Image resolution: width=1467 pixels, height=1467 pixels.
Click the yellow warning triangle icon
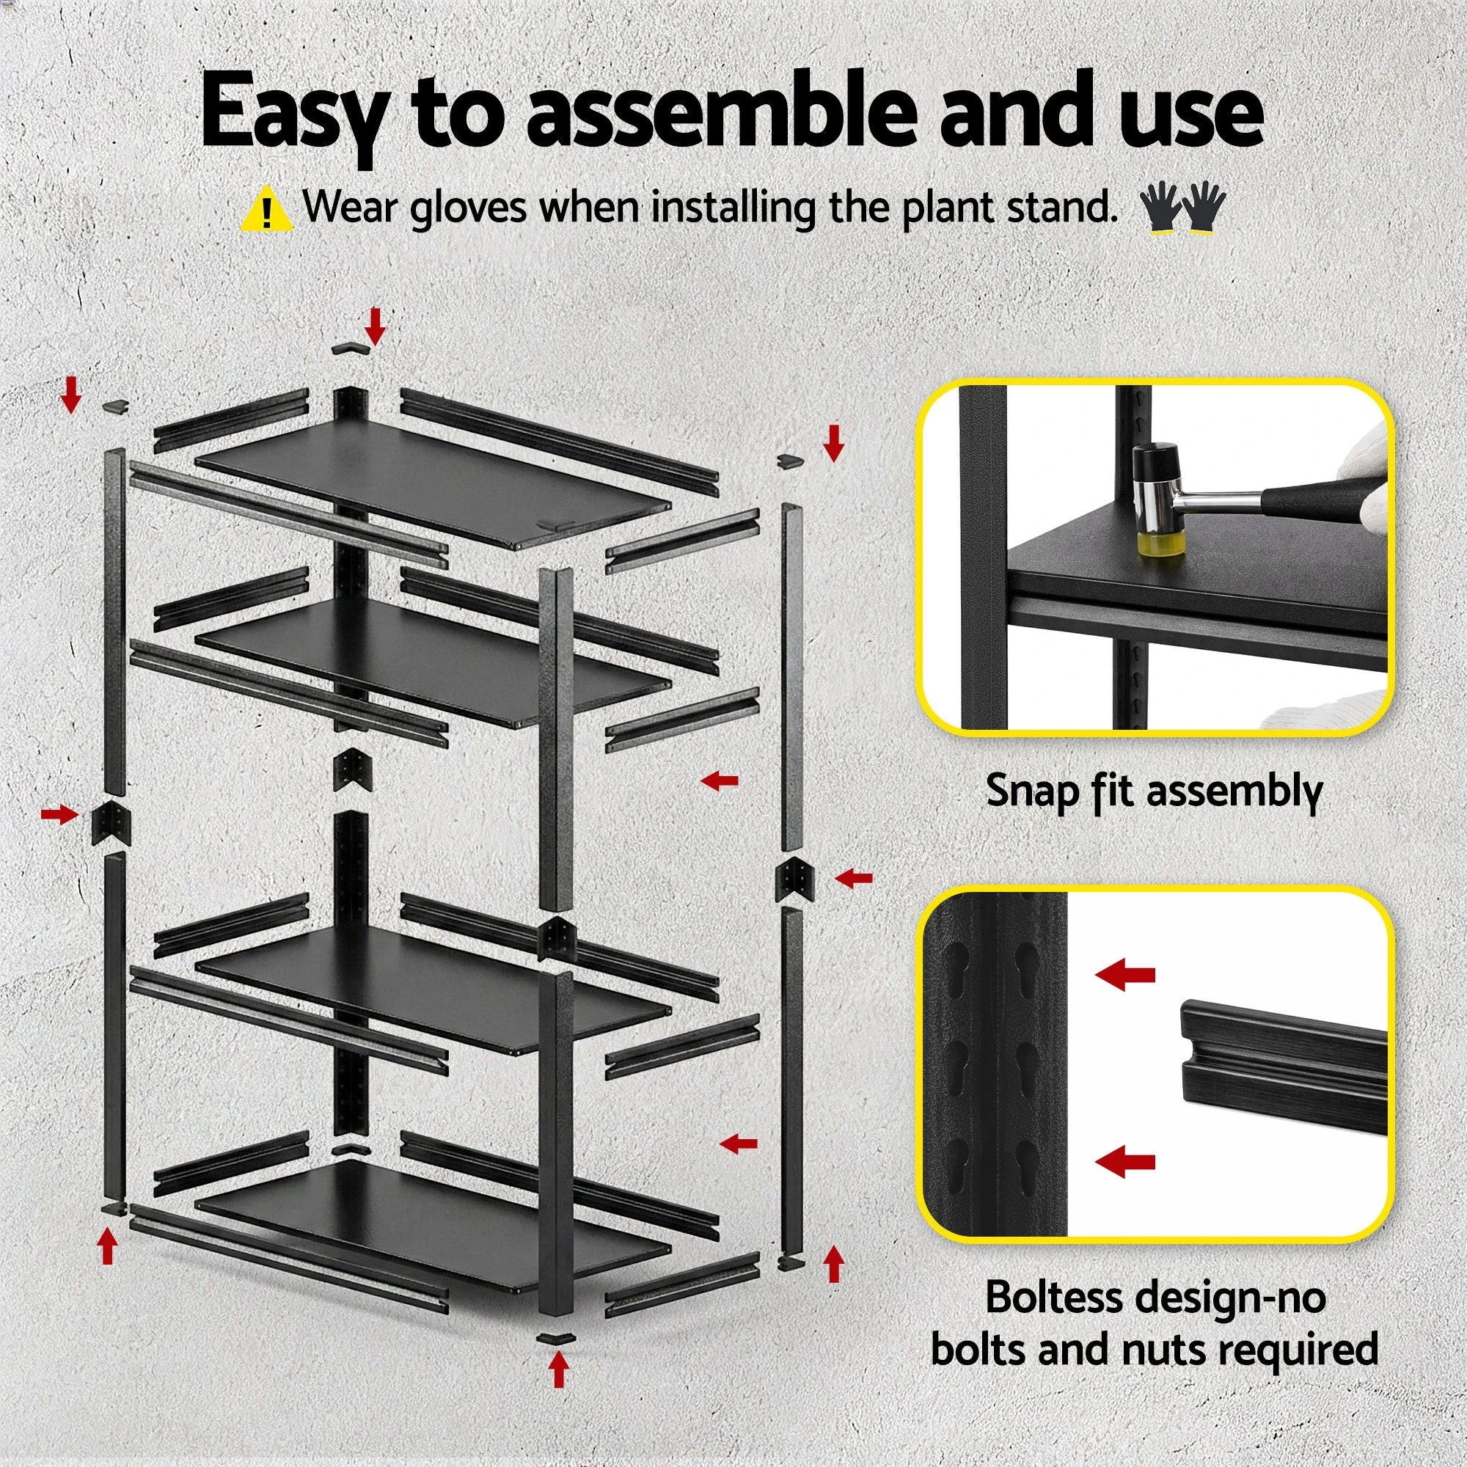[265, 211]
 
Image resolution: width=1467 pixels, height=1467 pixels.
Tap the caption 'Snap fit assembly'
[1153, 791]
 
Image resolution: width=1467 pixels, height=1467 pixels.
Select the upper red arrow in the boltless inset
[1125, 975]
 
